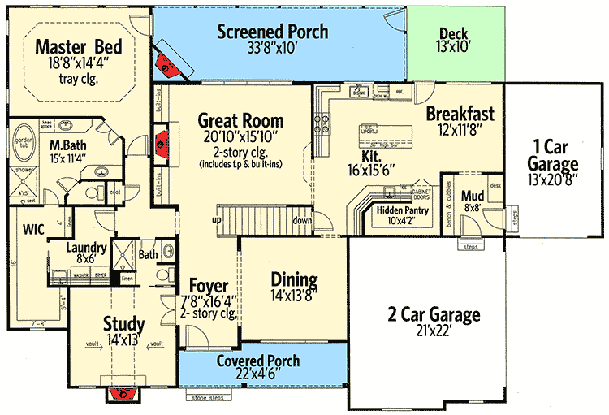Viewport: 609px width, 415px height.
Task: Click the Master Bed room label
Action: (77, 45)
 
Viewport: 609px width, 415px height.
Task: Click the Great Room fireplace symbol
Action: (162, 139)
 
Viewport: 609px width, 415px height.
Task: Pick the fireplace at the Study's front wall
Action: (124, 393)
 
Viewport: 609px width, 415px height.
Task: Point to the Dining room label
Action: (293, 280)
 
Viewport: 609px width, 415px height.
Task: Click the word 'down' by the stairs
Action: (301, 220)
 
